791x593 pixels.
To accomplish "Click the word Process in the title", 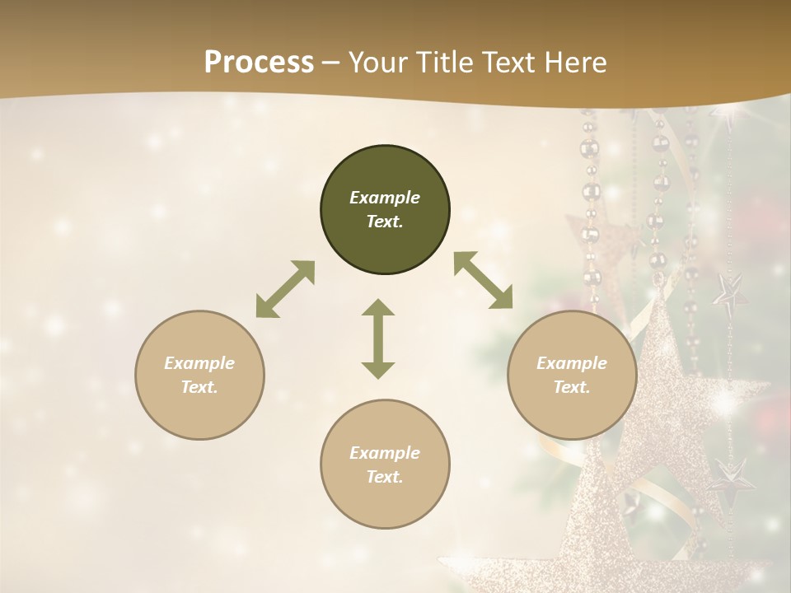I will pyautogui.click(x=259, y=63).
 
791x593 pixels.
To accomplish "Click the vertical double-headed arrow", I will pyautogui.click(x=378, y=339).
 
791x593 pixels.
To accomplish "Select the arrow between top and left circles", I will pyautogui.click(x=285, y=289).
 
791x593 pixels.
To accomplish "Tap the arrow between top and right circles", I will pyautogui.click(x=483, y=281).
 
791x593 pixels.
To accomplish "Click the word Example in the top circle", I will pyautogui.click(x=385, y=198).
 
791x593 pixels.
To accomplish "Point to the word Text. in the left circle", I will pyautogui.click(x=199, y=387).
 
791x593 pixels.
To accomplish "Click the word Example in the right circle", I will pyautogui.click(x=572, y=363).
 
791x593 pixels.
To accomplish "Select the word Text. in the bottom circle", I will pyautogui.click(x=385, y=477).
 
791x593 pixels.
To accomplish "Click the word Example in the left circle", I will pyautogui.click(x=199, y=363).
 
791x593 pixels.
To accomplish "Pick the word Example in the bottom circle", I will pyautogui.click(x=385, y=453).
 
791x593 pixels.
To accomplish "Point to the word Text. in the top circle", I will pyautogui.click(x=385, y=222).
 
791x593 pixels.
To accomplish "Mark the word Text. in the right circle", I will pyautogui.click(x=572, y=387).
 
